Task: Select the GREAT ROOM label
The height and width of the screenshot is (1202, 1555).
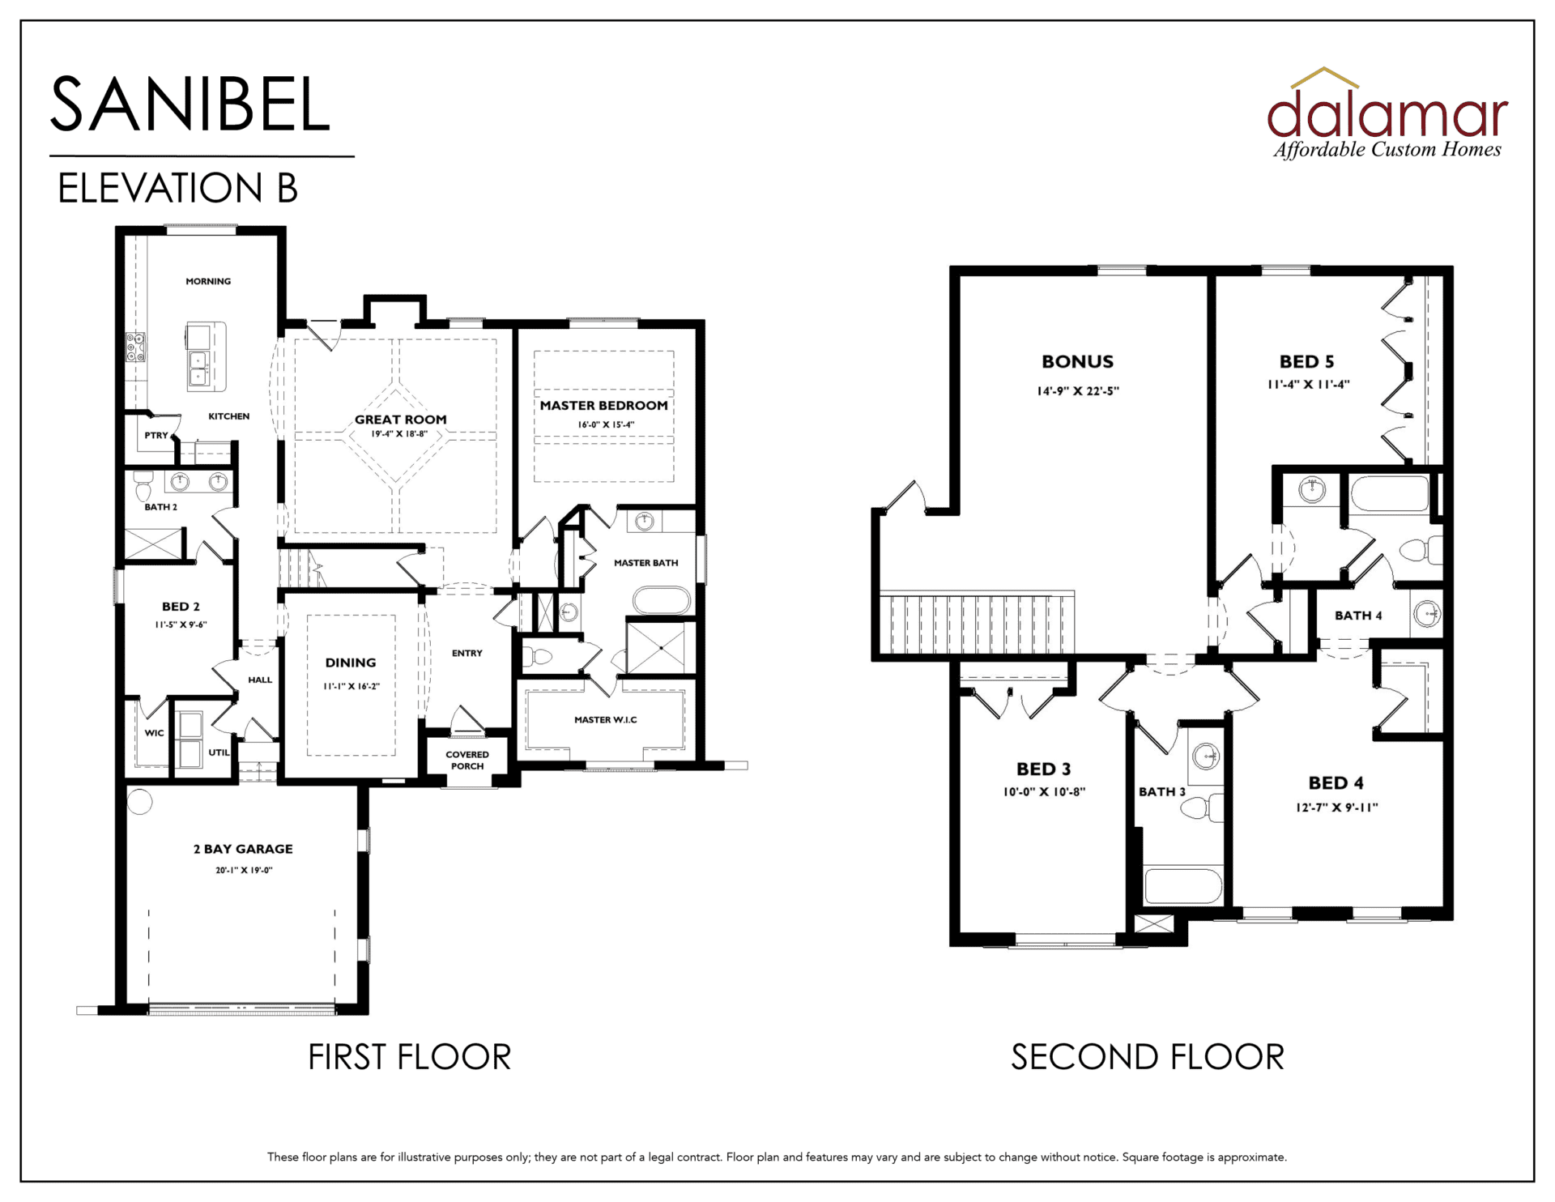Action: (x=400, y=420)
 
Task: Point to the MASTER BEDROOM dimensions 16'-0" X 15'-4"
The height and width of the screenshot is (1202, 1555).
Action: (x=606, y=424)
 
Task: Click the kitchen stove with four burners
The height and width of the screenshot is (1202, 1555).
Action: (x=135, y=347)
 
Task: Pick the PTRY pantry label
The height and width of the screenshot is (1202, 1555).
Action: (x=156, y=436)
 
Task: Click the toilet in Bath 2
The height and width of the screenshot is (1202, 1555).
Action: (x=143, y=488)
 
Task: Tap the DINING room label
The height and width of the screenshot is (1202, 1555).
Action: (x=351, y=663)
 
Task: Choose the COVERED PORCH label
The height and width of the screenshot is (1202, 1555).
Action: (x=467, y=760)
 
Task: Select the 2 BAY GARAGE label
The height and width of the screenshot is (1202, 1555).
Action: (x=243, y=849)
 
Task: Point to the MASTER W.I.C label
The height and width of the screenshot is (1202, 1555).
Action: (x=605, y=719)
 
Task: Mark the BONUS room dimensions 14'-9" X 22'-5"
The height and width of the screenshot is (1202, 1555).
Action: (x=1078, y=391)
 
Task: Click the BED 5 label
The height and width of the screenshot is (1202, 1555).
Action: (x=1306, y=362)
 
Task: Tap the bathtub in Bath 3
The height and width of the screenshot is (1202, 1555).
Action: (x=1183, y=887)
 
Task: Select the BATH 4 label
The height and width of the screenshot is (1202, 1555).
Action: (x=1358, y=616)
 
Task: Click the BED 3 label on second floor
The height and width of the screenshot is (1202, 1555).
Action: (x=1043, y=769)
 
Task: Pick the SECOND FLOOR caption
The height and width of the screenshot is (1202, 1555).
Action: (x=1147, y=1057)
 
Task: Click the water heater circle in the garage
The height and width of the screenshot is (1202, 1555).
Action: (x=140, y=801)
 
